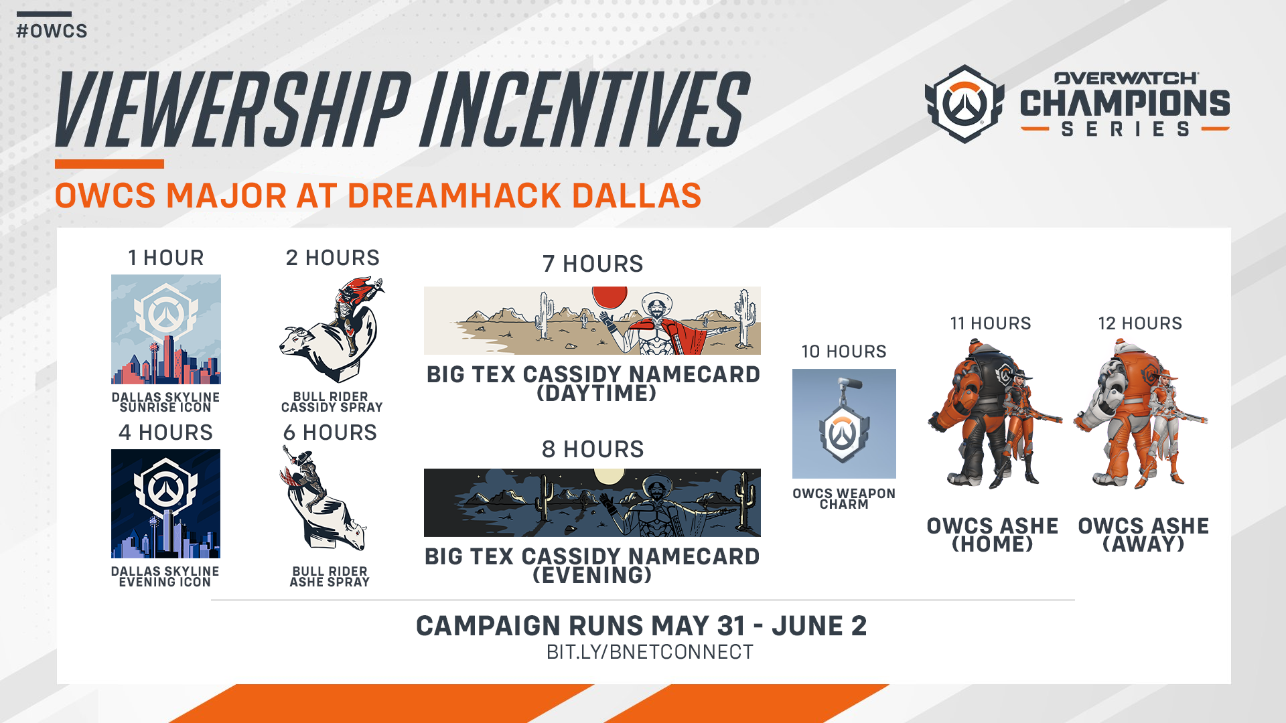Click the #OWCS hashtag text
pyautogui.click(x=52, y=31)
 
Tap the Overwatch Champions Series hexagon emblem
pyautogui.click(x=964, y=104)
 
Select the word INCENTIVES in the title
pyautogui.click(x=584, y=109)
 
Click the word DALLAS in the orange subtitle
pyautogui.click(x=636, y=195)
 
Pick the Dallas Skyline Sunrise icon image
pyautogui.click(x=166, y=329)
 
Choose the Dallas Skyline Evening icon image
pyautogui.click(x=166, y=503)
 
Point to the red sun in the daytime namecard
pyautogui.click(x=610, y=297)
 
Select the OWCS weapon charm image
pyautogui.click(x=844, y=424)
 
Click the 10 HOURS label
pyautogui.click(x=844, y=351)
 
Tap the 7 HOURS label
pyautogui.click(x=593, y=264)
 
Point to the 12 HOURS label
pyautogui.click(x=1140, y=323)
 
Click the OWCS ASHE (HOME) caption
pyautogui.click(x=993, y=535)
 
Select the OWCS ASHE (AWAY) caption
pyautogui.click(x=1143, y=535)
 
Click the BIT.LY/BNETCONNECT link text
pyautogui.click(x=650, y=652)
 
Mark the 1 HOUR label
pyautogui.click(x=166, y=258)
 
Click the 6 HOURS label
pyautogui.click(x=330, y=432)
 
